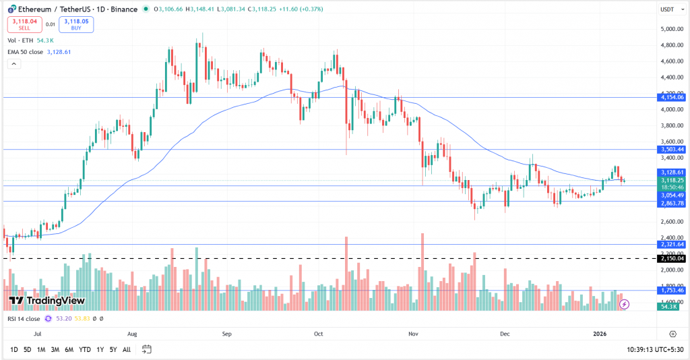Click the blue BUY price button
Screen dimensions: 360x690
pyautogui.click(x=76, y=24)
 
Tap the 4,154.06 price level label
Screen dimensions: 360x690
pyautogui.click(x=672, y=97)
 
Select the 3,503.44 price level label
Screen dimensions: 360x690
pyautogui.click(x=672, y=149)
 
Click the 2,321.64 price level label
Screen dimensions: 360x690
pyautogui.click(x=672, y=245)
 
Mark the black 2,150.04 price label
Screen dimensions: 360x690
pyautogui.click(x=672, y=258)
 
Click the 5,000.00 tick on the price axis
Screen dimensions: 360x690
pyautogui.click(x=672, y=29)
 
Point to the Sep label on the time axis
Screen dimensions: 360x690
pyautogui.click(x=226, y=334)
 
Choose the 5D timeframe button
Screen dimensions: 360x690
pyautogui.click(x=27, y=349)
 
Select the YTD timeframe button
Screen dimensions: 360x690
pyautogui.click(x=84, y=349)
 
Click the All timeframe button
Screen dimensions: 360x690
pyautogui.click(x=126, y=349)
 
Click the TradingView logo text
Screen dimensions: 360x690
pyautogui.click(x=47, y=301)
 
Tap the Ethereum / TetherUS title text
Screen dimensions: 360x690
pyautogui.click(x=57, y=9)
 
